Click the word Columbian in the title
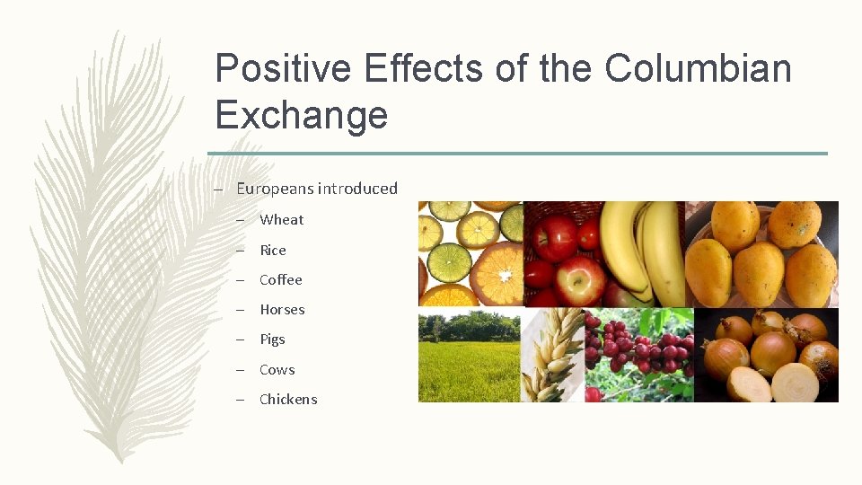[698, 68]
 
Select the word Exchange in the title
[302, 115]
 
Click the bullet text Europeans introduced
[316, 189]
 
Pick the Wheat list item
[281, 220]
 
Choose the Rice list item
[272, 251]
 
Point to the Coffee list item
[280, 280]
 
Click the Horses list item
[282, 310]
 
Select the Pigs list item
[272, 339]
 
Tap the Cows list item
[277, 370]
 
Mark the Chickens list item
[288, 400]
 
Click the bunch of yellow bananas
[644, 251]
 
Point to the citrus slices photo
[471, 253]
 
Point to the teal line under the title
[517, 154]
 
